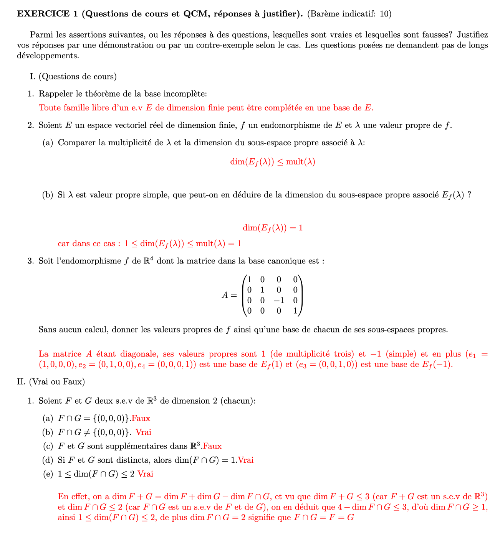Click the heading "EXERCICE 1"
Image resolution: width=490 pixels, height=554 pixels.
[47, 14]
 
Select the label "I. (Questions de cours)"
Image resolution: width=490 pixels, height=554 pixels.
[73, 76]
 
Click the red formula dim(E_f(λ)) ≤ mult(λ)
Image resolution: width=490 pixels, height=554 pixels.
[273, 162]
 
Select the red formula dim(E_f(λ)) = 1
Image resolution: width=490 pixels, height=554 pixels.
[273, 228]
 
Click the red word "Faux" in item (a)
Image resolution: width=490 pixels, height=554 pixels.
[141, 418]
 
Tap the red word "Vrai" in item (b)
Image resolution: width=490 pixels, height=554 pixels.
[143, 432]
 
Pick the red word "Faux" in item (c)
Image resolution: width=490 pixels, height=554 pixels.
[212, 446]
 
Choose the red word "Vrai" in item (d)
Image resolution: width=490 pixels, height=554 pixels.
[246, 460]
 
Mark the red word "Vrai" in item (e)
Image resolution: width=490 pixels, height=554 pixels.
[145, 474]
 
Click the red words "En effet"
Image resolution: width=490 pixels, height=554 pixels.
[72, 497]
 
